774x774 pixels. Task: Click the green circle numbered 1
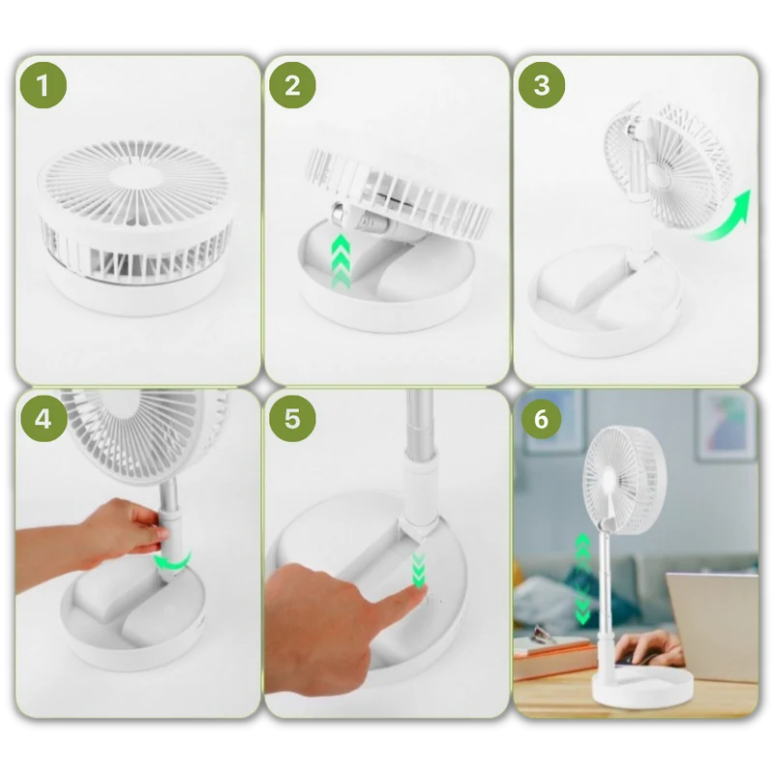[x=44, y=85]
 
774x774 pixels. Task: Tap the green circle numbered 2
[x=292, y=85]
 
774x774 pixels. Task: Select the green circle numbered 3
[x=542, y=85]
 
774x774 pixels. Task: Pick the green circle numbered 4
[x=44, y=419]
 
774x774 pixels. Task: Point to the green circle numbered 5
[x=292, y=419]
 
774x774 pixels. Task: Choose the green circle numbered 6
[x=542, y=419]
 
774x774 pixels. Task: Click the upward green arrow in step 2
[x=341, y=261]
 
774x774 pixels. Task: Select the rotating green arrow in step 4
[x=172, y=563]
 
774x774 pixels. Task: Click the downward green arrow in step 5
[x=419, y=571]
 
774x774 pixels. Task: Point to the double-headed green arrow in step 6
[x=583, y=579]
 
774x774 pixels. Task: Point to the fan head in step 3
[x=668, y=163]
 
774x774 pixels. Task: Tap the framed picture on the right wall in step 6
[x=727, y=425]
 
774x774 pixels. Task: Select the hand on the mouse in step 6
[x=647, y=647]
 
